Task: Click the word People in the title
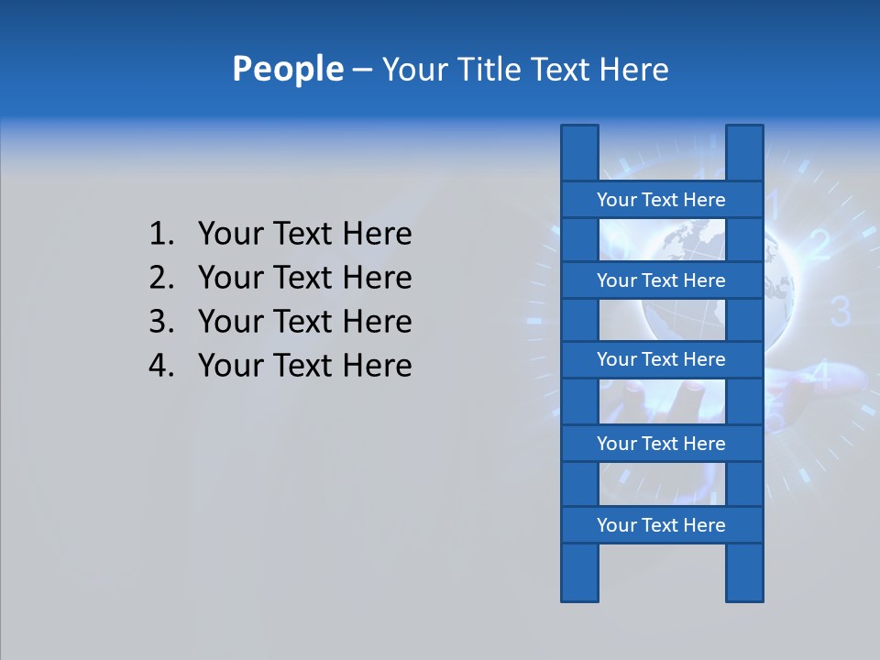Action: click(x=287, y=69)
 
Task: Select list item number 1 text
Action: click(x=304, y=234)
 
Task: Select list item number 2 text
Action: click(x=304, y=278)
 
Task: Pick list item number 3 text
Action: click(x=304, y=322)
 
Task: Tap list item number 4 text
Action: click(x=304, y=366)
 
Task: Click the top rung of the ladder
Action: click(x=661, y=200)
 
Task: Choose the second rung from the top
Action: click(x=661, y=280)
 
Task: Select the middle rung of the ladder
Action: click(x=661, y=359)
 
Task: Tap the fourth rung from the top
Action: click(x=661, y=444)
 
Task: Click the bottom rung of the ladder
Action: click(x=661, y=525)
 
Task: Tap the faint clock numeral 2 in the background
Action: click(x=819, y=245)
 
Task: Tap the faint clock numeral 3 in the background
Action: click(x=841, y=312)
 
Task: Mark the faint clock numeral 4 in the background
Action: click(x=822, y=375)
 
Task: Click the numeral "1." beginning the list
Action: click(x=160, y=234)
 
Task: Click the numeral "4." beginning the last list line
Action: click(x=160, y=366)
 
